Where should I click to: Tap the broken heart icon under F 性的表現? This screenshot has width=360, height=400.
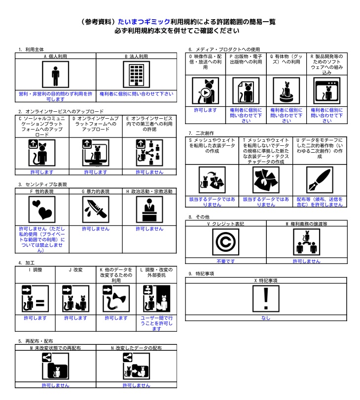click(x=42, y=209)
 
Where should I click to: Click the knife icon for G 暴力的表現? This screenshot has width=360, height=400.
click(x=96, y=209)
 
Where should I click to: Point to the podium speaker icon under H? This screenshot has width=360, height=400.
click(x=149, y=209)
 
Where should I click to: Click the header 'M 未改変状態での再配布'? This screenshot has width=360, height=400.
click(x=55, y=348)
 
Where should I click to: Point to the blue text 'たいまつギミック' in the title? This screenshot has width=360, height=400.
click(x=144, y=22)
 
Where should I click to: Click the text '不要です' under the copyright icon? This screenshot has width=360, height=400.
click(x=225, y=261)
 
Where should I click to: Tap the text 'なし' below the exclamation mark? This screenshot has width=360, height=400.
click(x=266, y=318)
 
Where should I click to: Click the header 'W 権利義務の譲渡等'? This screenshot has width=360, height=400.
click(x=306, y=224)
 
